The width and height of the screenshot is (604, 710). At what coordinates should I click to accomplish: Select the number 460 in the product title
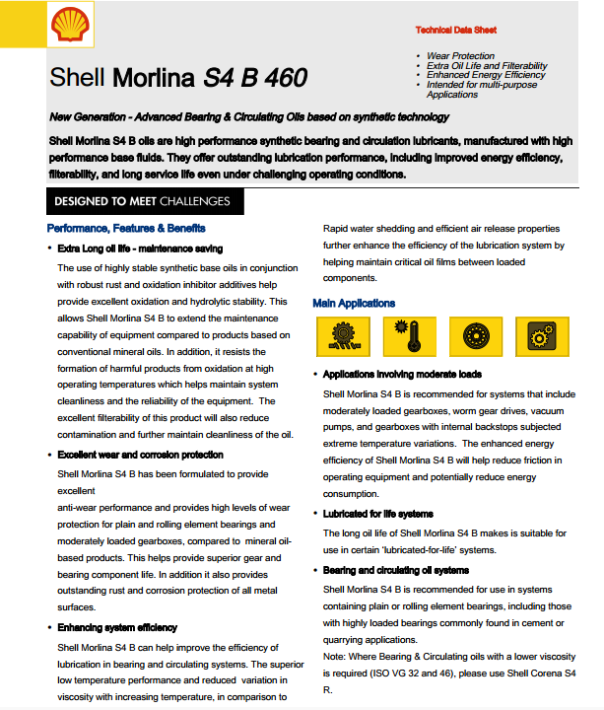pyautogui.click(x=282, y=77)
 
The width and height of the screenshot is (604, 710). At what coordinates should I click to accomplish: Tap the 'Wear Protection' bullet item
pyautogui.click(x=461, y=56)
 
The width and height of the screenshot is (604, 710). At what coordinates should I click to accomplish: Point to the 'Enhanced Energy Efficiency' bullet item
pyautogui.click(x=486, y=75)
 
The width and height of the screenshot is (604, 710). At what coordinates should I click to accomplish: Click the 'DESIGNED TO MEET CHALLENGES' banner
pyautogui.click(x=142, y=201)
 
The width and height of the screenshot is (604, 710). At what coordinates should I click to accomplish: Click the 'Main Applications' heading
pyautogui.click(x=354, y=303)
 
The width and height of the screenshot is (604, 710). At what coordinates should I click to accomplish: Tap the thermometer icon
pyautogui.click(x=402, y=337)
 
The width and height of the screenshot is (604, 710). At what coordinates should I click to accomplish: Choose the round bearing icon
pyautogui.click(x=469, y=337)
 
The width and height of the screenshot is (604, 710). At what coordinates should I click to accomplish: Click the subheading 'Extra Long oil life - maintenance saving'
pyautogui.click(x=140, y=248)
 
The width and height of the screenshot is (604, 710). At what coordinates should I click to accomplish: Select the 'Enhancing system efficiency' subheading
pyautogui.click(x=117, y=627)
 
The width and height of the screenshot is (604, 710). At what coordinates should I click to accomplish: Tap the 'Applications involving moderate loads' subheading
pyautogui.click(x=402, y=375)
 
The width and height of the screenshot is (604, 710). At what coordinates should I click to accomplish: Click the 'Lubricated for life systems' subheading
pyautogui.click(x=377, y=514)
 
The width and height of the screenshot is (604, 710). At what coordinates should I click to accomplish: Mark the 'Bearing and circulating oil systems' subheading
pyautogui.click(x=396, y=570)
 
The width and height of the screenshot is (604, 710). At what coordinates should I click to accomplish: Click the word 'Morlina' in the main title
pyautogui.click(x=156, y=77)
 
